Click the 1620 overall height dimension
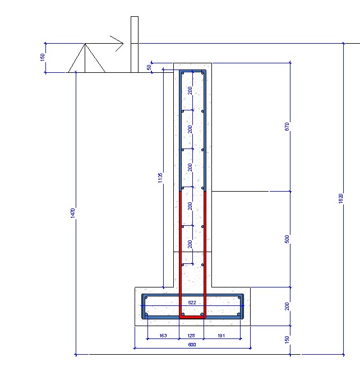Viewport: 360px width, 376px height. point(341,198)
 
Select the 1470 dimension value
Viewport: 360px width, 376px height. point(73,213)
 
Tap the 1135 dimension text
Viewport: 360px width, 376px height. point(160,178)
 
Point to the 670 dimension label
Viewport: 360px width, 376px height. point(287,127)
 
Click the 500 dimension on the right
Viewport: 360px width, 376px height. point(287,239)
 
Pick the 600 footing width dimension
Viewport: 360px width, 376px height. point(192,345)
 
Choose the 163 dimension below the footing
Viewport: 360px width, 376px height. point(163,336)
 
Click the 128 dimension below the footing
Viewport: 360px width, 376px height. point(191,336)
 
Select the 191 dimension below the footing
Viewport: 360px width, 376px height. point(221,336)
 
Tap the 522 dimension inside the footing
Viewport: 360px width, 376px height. point(192,303)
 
